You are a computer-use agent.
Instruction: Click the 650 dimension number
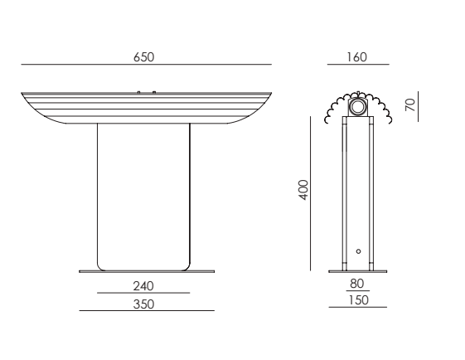[x=144, y=57]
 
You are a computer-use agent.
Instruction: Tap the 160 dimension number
[x=357, y=57]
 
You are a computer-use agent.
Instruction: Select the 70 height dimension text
[x=410, y=105]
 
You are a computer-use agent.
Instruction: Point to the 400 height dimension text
[x=303, y=190]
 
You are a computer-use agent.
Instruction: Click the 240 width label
[x=143, y=286]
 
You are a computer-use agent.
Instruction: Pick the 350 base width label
[x=144, y=304]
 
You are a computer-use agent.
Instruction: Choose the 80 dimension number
[x=356, y=284]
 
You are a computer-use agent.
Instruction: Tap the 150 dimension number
[x=358, y=300]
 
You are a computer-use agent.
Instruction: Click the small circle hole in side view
[x=358, y=251]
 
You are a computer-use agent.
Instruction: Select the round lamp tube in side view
[x=357, y=107]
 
